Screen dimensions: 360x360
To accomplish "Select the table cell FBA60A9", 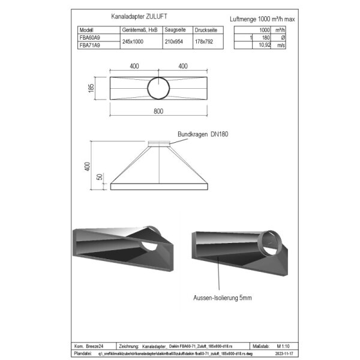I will tap(90, 37).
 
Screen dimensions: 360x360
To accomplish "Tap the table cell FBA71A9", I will tap(90, 44).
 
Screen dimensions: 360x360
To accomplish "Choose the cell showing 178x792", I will tap(206, 41).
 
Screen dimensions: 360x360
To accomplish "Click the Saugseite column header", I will tap(175, 29).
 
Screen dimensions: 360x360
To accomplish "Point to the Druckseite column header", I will tap(207, 29).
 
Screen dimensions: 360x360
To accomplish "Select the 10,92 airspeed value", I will tap(262, 44).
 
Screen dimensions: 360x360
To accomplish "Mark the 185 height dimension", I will tap(91, 87).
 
